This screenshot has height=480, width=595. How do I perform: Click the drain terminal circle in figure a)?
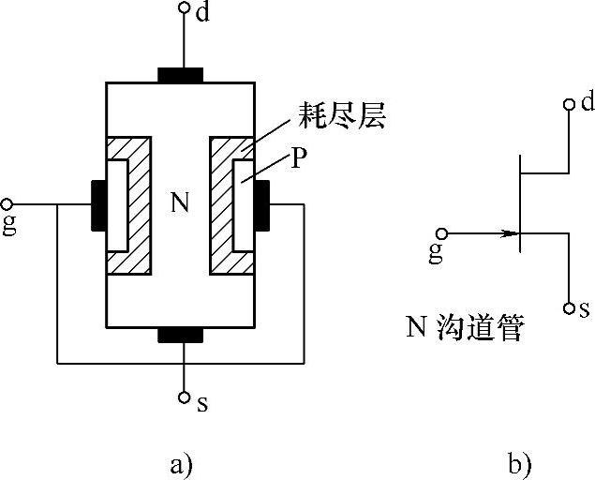point(185,8)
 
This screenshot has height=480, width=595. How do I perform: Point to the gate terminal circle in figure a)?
point(7,204)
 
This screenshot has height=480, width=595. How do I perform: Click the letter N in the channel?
point(182,201)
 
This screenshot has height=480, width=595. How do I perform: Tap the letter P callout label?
point(298,158)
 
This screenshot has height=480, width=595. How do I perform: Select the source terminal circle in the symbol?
point(568,307)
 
